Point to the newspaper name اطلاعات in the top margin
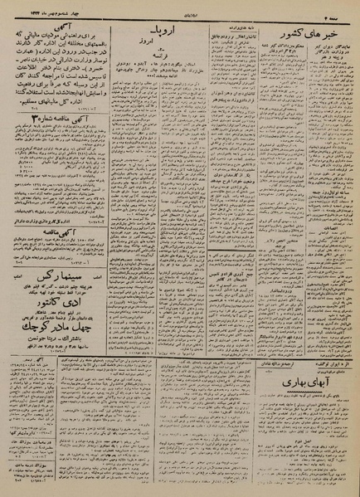(181, 7)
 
